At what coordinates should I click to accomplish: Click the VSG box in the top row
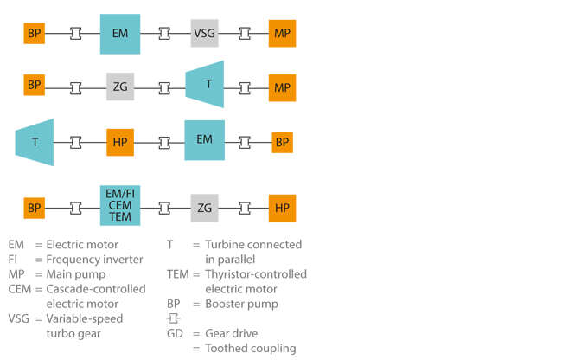pos(205,34)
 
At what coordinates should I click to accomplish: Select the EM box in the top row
pos(120,34)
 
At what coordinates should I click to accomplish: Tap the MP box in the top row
pos(282,34)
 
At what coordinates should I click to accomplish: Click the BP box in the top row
pos(35,34)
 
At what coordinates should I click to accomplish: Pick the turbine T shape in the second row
pos(206,85)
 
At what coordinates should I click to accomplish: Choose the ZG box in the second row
pos(120,87)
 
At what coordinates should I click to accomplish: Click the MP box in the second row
pos(282,87)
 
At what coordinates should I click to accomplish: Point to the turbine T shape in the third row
pos(35,141)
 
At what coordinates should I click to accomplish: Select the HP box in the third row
pos(120,141)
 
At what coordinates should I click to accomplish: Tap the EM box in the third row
pos(205,140)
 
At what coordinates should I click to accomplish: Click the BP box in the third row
pos(282,141)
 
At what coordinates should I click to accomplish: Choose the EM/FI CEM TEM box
pos(120,208)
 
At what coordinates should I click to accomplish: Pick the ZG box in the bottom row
pos(205,208)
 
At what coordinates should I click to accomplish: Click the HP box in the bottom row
pos(282,208)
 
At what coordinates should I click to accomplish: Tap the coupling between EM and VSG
pos(163,34)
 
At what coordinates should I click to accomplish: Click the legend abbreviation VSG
pos(19,318)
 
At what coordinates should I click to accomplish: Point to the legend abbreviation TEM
pos(177,274)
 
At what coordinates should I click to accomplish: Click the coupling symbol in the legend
pos(175,318)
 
